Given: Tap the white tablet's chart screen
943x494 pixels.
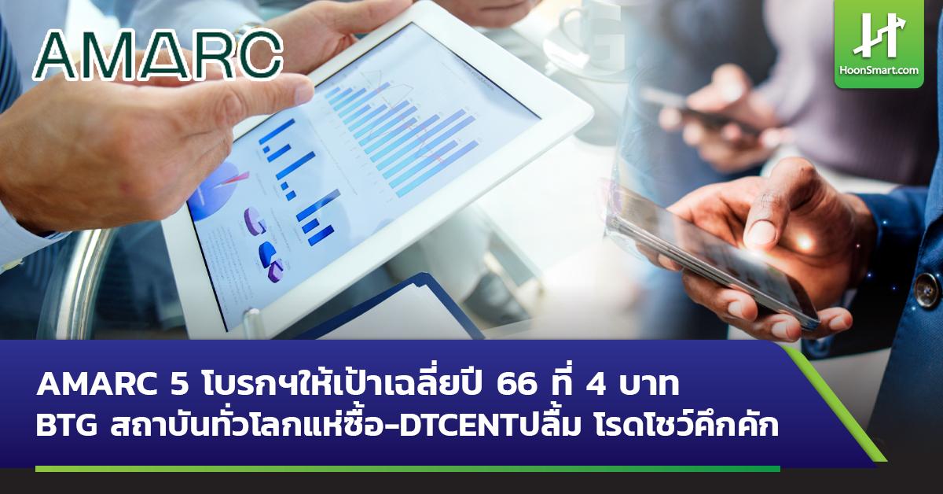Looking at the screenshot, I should tap(369, 173).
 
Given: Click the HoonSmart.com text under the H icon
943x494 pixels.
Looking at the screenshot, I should tap(879, 71).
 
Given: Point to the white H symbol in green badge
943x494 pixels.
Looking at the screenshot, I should tap(879, 35).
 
